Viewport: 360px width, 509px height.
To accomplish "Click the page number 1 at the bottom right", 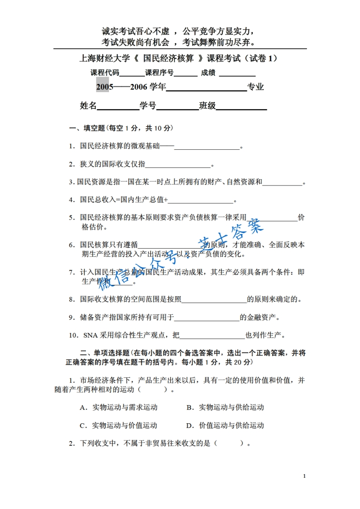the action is pyautogui.click(x=304, y=476).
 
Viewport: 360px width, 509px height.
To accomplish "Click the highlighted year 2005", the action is pyautogui.click(x=104, y=87).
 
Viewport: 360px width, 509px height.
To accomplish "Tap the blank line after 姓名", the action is pyautogui.click(x=118, y=107).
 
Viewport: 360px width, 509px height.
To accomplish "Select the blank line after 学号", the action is pyautogui.click(x=177, y=107).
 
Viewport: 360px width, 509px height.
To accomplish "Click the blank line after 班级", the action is pyautogui.click(x=241, y=107).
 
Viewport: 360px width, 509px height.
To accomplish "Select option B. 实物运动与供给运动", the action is pyautogui.click(x=225, y=407).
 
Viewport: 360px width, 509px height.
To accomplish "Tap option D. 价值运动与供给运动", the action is pyautogui.click(x=225, y=426).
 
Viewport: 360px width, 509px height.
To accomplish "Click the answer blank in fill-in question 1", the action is pyautogui.click(x=207, y=147).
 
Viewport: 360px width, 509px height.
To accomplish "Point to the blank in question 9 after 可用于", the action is pyautogui.click(x=207, y=318).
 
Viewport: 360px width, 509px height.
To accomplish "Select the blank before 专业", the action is pyautogui.click(x=207, y=87).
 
